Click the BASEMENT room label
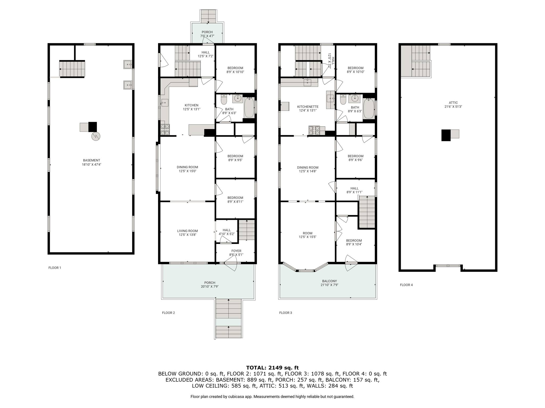coord(92,160)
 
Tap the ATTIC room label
coord(453,103)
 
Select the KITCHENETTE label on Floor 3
coord(308,107)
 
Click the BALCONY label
coord(329,281)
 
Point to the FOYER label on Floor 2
coord(236,251)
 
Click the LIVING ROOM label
coord(188,231)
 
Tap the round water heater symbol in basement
coord(96,136)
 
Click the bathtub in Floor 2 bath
coord(249,107)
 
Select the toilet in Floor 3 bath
coord(343,100)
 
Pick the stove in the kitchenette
coord(314,130)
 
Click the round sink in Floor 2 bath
coord(237,99)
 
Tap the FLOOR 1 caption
coord(55,268)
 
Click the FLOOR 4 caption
coord(406,285)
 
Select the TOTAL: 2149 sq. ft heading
coord(272,368)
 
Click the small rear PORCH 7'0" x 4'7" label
coord(207,34)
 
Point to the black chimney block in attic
coord(446,135)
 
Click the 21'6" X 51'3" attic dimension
coord(453,107)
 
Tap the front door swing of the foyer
coord(230,266)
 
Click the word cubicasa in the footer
coord(236,397)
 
